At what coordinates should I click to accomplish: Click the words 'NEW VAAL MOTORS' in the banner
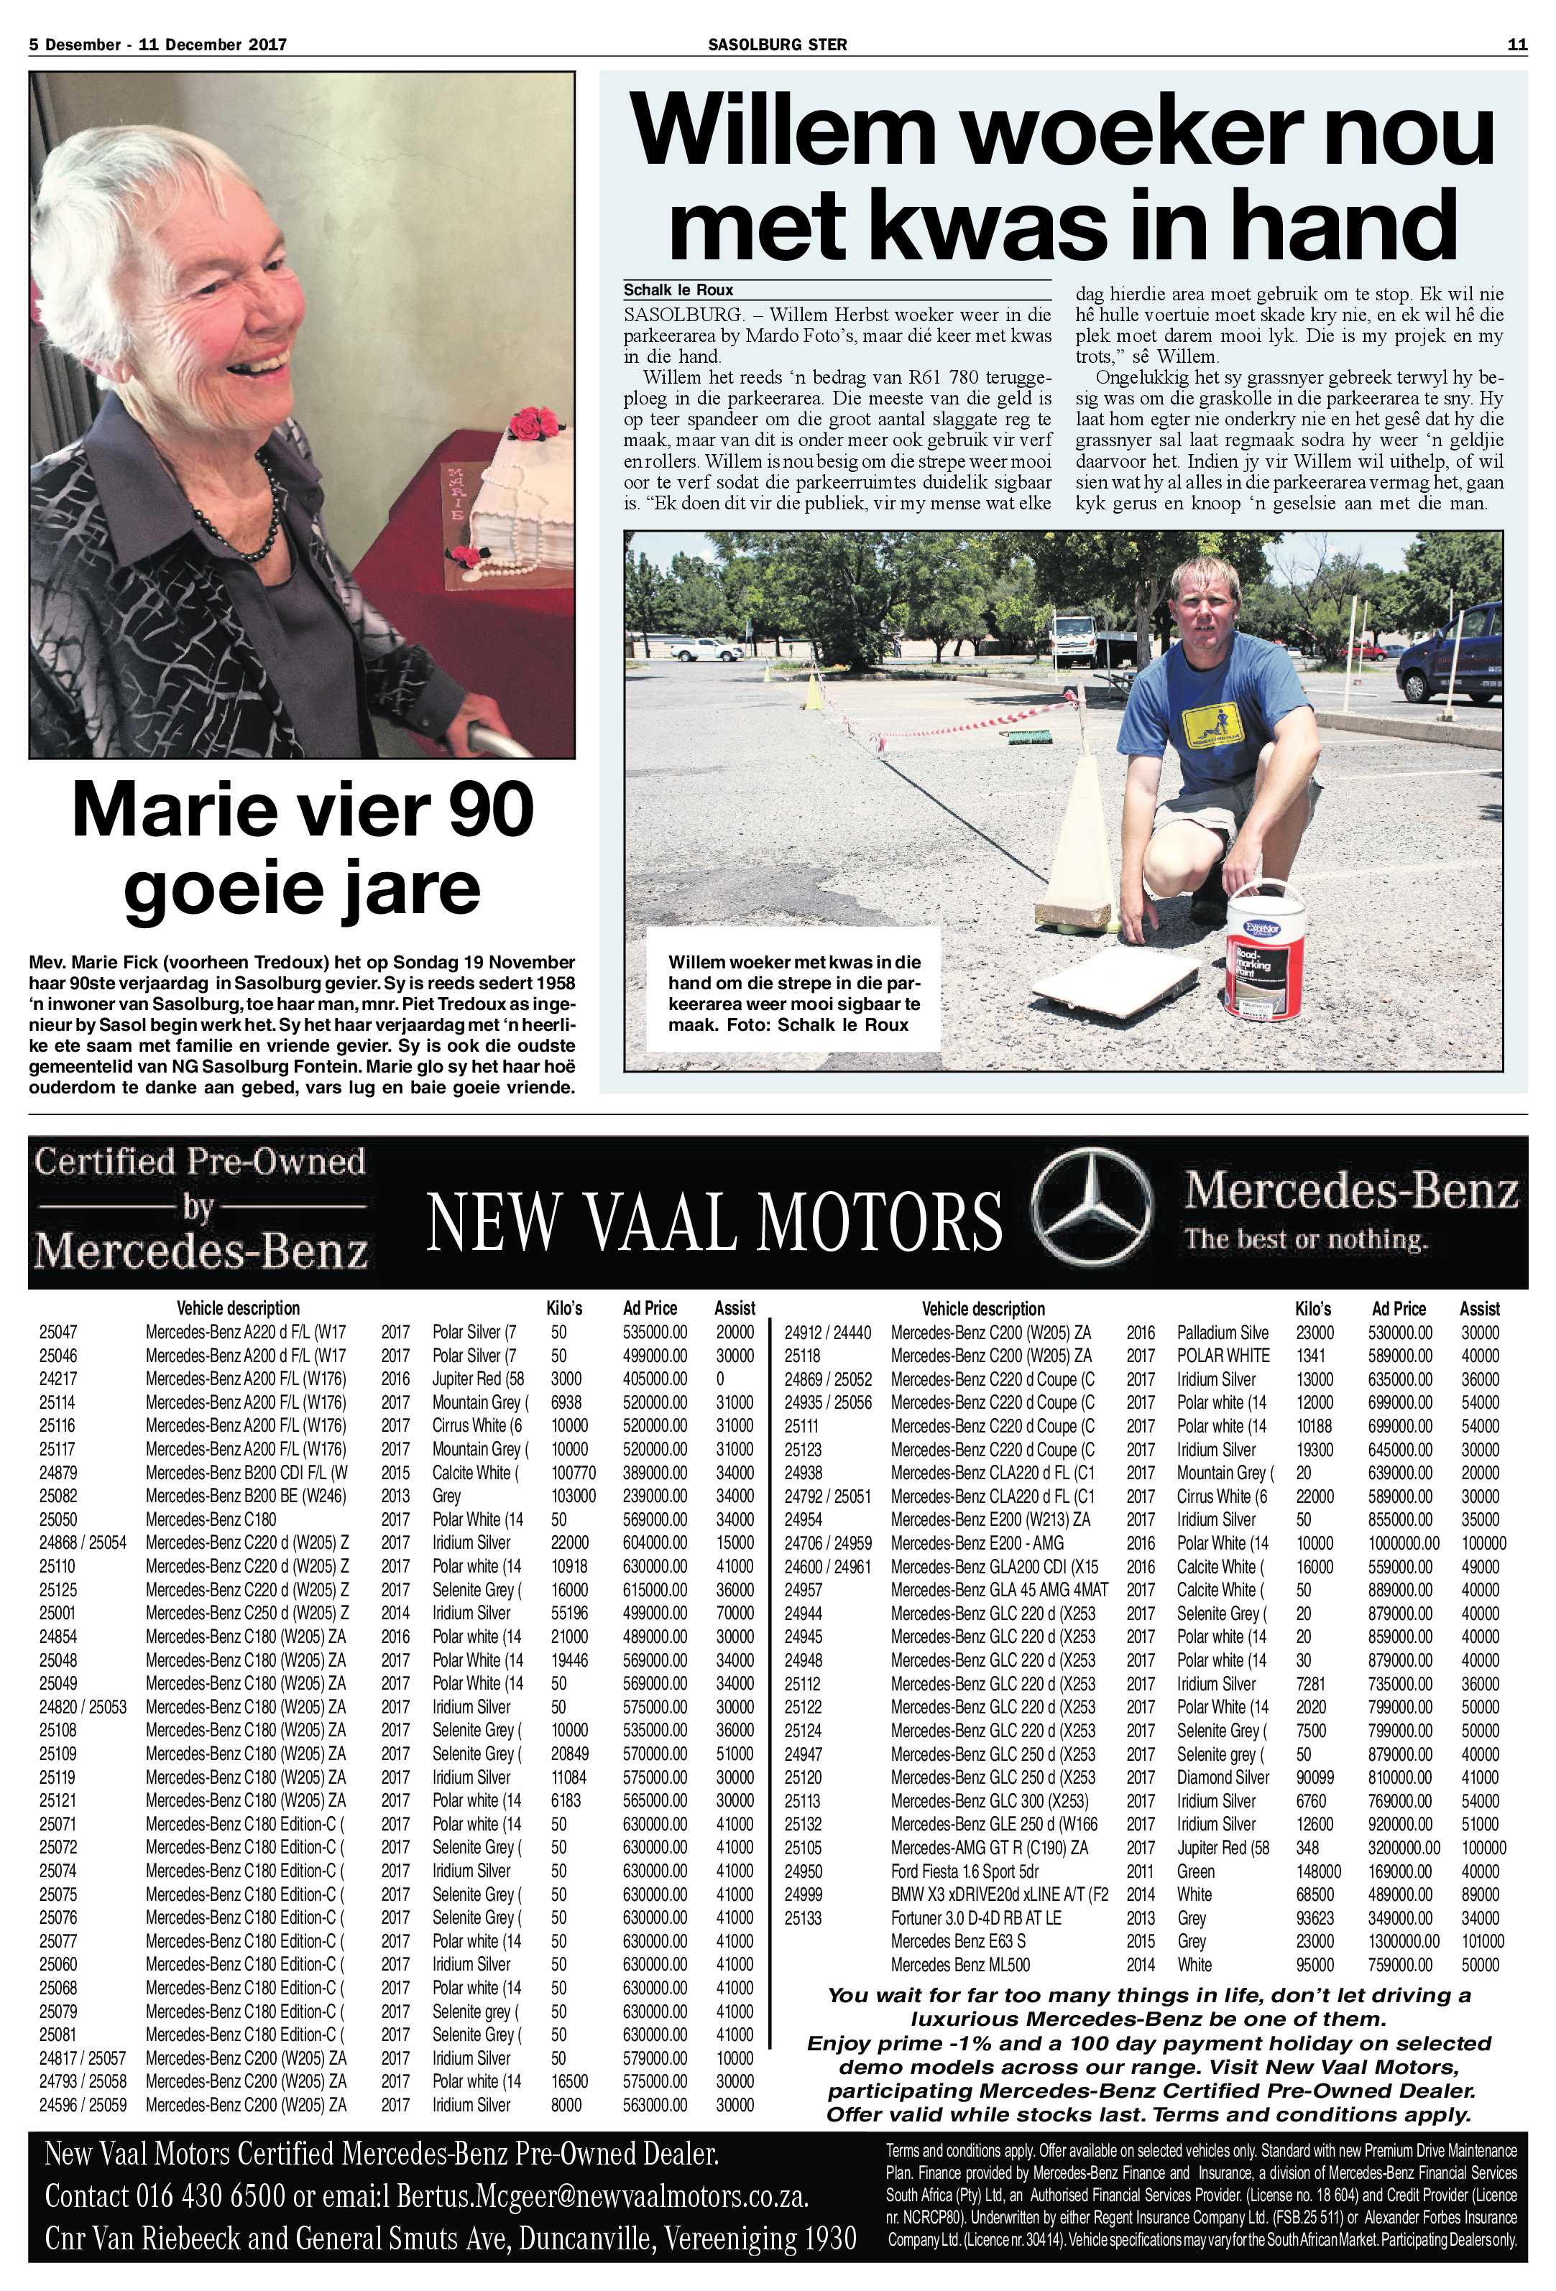tap(714, 1221)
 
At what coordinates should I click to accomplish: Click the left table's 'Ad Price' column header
tap(650, 1309)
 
